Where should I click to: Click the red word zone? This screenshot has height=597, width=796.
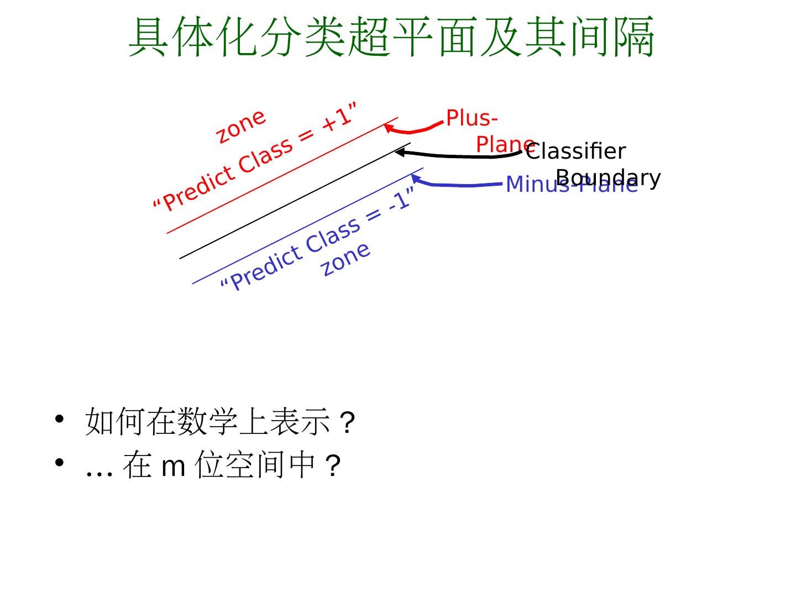point(241,127)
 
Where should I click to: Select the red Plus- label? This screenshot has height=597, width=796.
point(472,118)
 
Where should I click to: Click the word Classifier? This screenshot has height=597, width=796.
point(576,151)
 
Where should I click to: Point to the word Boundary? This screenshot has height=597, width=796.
point(608,178)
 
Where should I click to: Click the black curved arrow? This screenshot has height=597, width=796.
point(459,156)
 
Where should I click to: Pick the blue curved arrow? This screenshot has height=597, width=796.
point(459,185)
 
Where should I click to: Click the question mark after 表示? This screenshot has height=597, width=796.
point(347,424)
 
